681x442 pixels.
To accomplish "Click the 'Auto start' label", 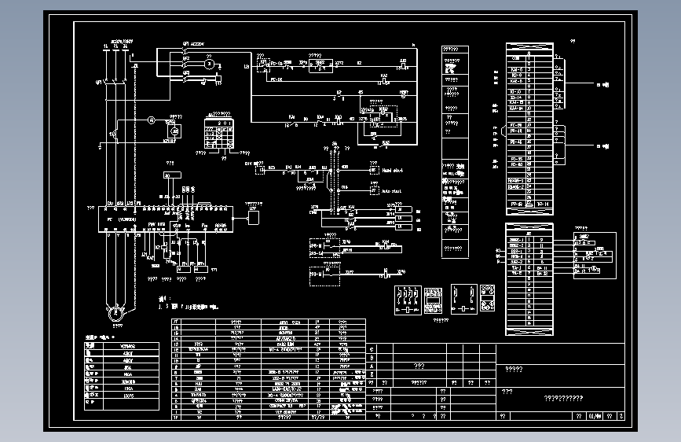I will point(391,190).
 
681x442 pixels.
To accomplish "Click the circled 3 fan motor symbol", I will point(209,65).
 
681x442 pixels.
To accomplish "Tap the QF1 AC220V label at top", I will point(192,45).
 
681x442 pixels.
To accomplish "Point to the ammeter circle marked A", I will point(152,120).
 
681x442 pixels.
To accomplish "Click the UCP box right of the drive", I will point(253,214).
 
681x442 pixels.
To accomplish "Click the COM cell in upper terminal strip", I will point(516,58).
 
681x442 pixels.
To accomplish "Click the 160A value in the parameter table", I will point(128,388).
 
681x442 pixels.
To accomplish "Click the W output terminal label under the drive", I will point(126,234).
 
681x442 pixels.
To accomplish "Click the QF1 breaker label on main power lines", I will point(99,81).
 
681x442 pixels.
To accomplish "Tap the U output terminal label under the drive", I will point(108,234).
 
